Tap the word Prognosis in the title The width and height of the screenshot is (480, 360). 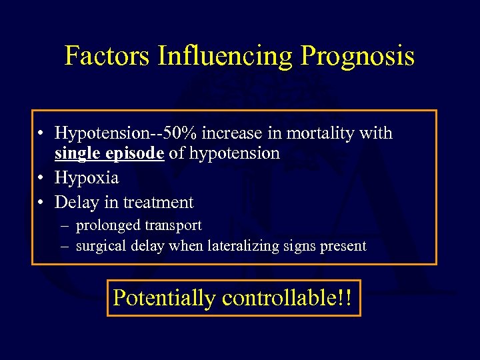click(x=357, y=56)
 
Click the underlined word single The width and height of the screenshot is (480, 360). click(x=77, y=153)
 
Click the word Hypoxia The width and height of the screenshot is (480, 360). click(x=87, y=178)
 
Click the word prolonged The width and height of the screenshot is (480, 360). click(x=107, y=226)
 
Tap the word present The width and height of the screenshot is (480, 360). click(x=343, y=246)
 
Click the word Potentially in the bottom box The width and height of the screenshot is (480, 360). click(x=164, y=297)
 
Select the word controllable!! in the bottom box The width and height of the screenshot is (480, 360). click(x=288, y=297)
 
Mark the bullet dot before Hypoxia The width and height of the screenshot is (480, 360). click(x=42, y=179)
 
